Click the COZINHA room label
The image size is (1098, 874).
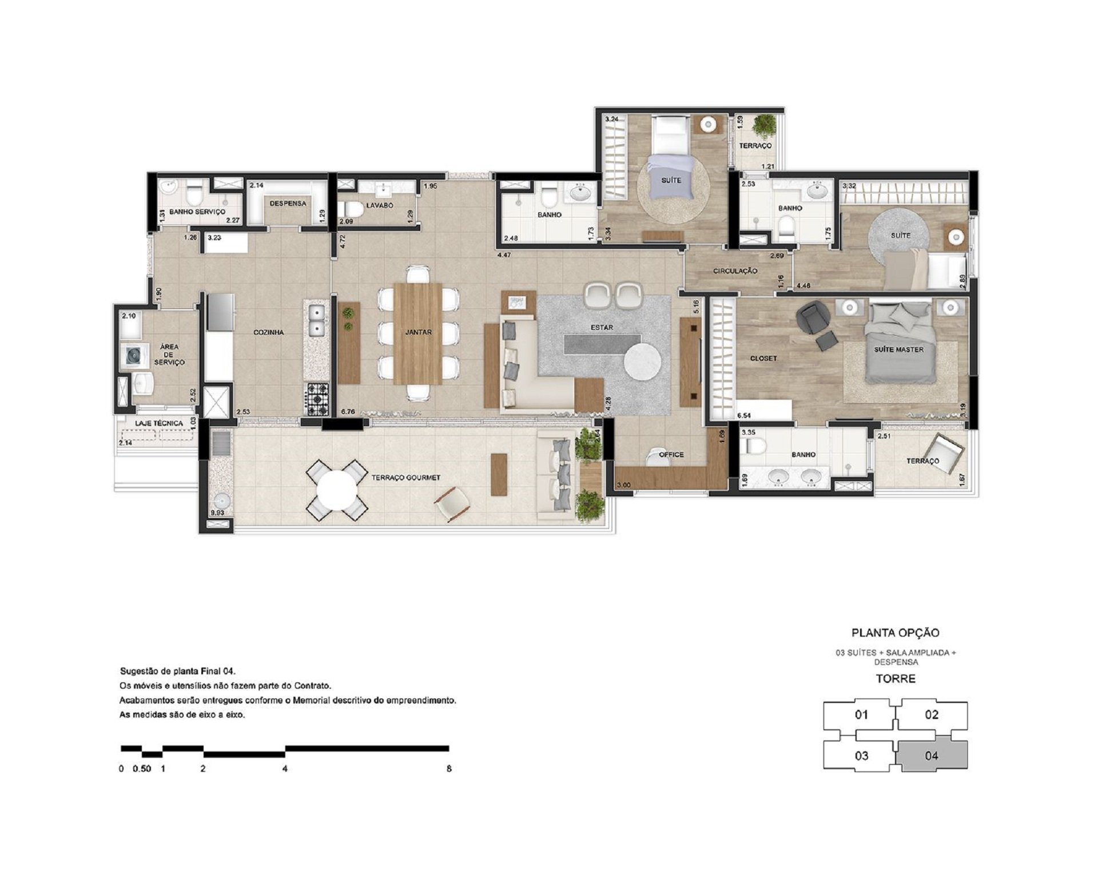click(269, 332)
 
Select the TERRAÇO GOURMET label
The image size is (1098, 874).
click(405, 478)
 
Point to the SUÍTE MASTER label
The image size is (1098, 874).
click(898, 349)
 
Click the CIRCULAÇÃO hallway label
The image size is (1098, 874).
click(735, 271)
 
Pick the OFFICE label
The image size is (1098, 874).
click(671, 455)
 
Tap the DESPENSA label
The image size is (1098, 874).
click(288, 203)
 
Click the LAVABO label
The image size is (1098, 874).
click(380, 205)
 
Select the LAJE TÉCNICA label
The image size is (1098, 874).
click(159, 423)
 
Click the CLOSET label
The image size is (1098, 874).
click(763, 359)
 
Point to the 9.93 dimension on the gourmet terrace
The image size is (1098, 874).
click(217, 513)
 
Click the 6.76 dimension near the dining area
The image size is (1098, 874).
click(348, 411)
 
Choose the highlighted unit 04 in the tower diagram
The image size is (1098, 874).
click(932, 755)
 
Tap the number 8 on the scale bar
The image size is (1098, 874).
click(449, 769)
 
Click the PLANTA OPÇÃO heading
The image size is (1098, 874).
click(896, 633)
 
